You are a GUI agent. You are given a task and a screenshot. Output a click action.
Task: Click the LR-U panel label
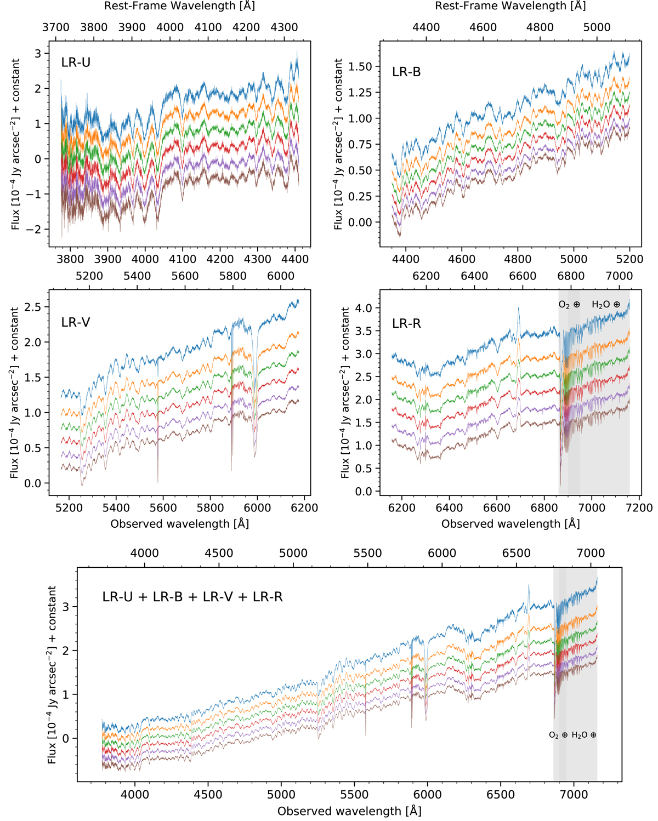click(76, 62)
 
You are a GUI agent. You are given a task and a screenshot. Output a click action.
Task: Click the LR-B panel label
click(406, 72)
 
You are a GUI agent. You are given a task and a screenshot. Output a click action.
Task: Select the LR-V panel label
click(76, 322)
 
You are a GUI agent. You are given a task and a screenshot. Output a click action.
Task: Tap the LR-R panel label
click(406, 324)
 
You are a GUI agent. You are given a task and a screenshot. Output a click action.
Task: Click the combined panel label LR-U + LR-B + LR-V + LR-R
click(192, 597)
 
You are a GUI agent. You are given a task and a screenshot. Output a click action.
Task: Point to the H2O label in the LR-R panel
click(605, 304)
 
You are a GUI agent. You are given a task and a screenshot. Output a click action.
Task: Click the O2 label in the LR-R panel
click(569, 304)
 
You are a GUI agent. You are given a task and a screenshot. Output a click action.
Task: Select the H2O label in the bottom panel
click(583, 735)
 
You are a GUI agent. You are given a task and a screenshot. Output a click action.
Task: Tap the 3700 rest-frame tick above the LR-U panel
click(56, 27)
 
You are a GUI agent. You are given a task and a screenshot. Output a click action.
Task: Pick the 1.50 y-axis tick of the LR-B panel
click(361, 67)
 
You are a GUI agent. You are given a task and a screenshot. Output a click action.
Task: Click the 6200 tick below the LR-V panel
click(304, 508)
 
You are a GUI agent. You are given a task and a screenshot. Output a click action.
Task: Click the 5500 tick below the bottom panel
click(354, 795)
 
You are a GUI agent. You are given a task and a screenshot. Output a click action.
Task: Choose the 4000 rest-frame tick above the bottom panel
click(145, 553)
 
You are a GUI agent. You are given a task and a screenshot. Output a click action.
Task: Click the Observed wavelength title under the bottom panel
click(349, 811)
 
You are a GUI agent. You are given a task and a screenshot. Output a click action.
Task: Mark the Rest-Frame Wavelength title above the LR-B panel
click(510, 6)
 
